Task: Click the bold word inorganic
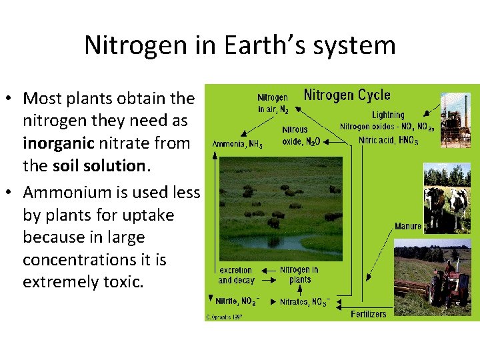59,143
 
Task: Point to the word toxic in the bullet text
122,282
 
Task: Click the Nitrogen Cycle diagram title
347,95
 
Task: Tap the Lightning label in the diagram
387,115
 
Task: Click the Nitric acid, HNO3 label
388,141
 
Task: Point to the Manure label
407,226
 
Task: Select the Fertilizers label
369,313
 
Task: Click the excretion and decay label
236,275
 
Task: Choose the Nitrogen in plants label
299,275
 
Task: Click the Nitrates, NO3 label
304,301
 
